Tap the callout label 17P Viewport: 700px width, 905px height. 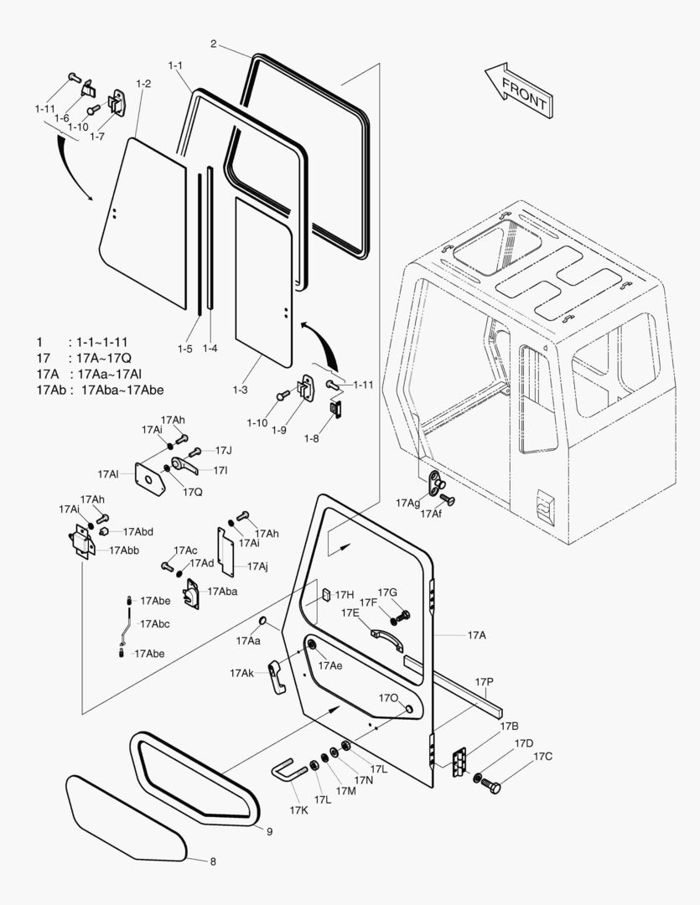point(484,682)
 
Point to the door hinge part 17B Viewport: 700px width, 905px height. point(458,762)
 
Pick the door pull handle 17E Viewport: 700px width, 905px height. point(386,639)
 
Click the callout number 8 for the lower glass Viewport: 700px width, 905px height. point(213,861)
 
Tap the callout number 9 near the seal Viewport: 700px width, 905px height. point(270,831)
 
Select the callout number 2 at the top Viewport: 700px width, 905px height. point(214,43)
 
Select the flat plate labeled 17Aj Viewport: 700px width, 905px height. point(226,548)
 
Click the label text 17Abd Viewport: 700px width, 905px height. point(137,531)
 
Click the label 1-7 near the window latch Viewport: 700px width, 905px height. point(96,136)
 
